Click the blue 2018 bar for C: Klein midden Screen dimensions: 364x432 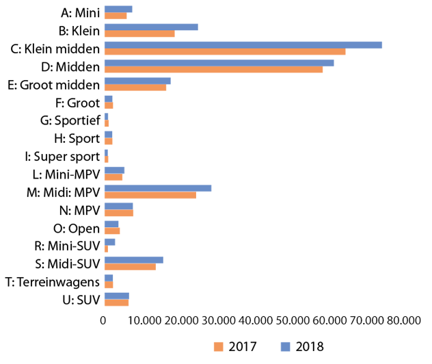coord(243,44)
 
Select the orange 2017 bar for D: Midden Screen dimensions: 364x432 coord(213,69)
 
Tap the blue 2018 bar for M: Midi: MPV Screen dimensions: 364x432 coord(158,188)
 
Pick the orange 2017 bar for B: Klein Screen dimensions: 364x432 coord(139,34)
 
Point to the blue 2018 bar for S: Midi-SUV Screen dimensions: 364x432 coord(134,259)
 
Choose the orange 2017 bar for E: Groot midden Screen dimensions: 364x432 coord(135,87)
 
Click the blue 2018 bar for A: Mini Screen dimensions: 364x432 coord(118,9)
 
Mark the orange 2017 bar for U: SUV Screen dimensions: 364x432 coord(116,302)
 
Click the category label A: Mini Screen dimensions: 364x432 coord(80,12)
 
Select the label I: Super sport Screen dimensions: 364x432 coord(67,156)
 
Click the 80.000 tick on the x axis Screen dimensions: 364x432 coord(401,320)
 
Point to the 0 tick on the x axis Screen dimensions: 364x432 coord(104,320)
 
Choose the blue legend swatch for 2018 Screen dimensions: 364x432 coord(284,346)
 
